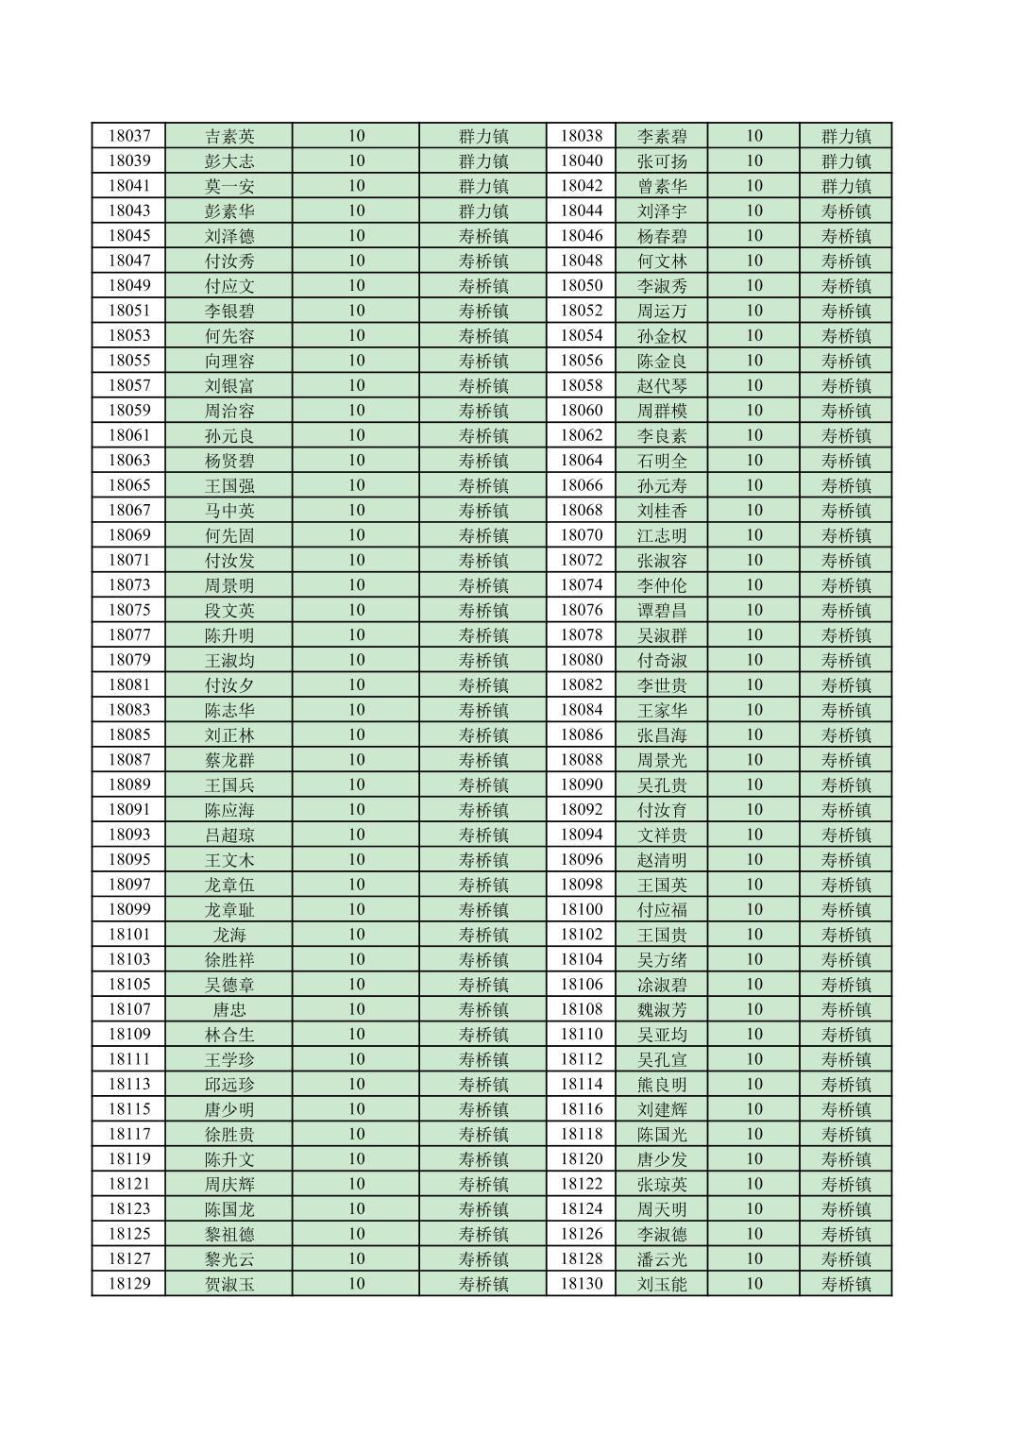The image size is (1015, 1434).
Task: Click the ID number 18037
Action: pos(128,136)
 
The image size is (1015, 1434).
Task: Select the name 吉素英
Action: pos(229,136)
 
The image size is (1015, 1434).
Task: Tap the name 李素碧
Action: pos(662,136)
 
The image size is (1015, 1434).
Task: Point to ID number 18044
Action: pos(581,211)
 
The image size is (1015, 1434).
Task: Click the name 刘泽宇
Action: pos(662,211)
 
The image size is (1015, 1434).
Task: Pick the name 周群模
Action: pos(662,411)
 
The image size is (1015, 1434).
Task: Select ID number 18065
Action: pos(128,485)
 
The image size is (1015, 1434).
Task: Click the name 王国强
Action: pos(229,485)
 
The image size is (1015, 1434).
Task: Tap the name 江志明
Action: pos(662,535)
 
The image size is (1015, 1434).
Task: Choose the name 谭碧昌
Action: pos(662,610)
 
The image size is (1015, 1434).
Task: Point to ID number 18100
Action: pos(581,909)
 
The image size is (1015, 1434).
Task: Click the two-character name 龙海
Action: pos(229,935)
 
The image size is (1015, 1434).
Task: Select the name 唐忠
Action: pos(229,1009)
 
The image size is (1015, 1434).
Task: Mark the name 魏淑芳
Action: pos(662,1009)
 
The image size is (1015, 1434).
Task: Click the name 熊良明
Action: pos(662,1084)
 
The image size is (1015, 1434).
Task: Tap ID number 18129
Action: pos(128,1284)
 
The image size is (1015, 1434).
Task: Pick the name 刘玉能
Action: pos(662,1284)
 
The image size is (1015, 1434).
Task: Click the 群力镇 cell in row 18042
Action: pos(846,186)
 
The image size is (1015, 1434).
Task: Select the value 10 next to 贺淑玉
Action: pos(356,1284)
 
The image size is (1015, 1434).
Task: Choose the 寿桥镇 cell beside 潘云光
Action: pos(846,1258)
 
